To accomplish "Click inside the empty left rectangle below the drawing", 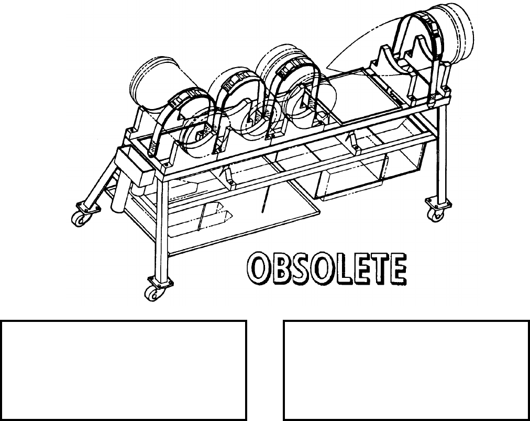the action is coord(124,370).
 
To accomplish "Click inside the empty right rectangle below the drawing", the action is coord(406,370).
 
